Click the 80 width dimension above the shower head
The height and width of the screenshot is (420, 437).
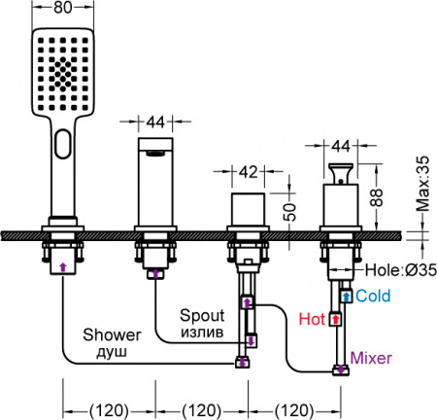[x=63, y=7]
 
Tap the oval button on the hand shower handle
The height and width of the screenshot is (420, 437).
[x=63, y=144]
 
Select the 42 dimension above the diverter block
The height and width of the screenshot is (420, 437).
[x=249, y=171]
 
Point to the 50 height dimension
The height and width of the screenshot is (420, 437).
[x=291, y=212]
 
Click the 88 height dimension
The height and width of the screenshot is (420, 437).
[x=377, y=197]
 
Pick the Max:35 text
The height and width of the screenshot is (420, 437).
[x=422, y=184]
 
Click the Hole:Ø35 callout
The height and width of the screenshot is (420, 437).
[x=401, y=269]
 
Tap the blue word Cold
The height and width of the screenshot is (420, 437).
[x=373, y=296]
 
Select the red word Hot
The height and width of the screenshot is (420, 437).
[x=312, y=319]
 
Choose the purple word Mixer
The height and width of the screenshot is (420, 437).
[x=371, y=358]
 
